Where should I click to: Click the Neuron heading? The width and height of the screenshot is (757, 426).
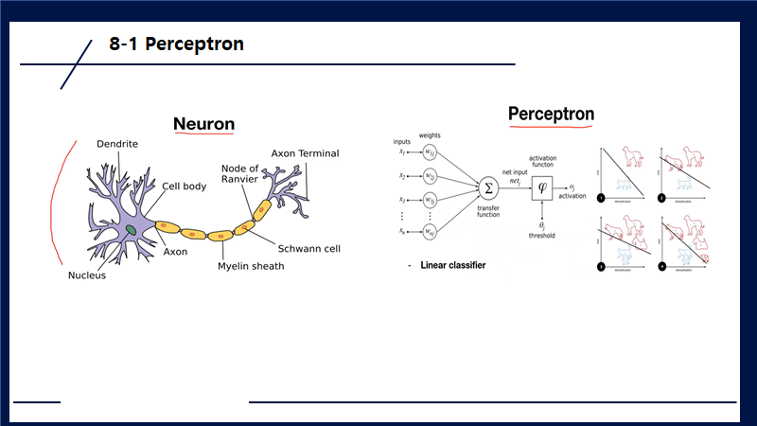203,124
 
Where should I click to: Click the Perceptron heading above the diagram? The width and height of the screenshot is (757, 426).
551,115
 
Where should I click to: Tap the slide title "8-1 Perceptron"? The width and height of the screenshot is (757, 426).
176,44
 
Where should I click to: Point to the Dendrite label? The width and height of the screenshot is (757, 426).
117,144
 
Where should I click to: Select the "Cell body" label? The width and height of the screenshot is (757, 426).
184,186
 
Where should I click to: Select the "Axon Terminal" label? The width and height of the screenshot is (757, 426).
305,153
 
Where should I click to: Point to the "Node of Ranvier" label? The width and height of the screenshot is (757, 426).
239,174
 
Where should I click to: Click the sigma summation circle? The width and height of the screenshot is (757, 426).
489,186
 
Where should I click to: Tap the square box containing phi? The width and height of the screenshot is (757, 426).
542,186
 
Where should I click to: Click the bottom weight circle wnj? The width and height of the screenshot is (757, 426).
430,231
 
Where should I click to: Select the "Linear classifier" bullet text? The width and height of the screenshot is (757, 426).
452,266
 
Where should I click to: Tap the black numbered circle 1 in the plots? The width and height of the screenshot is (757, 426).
600,198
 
